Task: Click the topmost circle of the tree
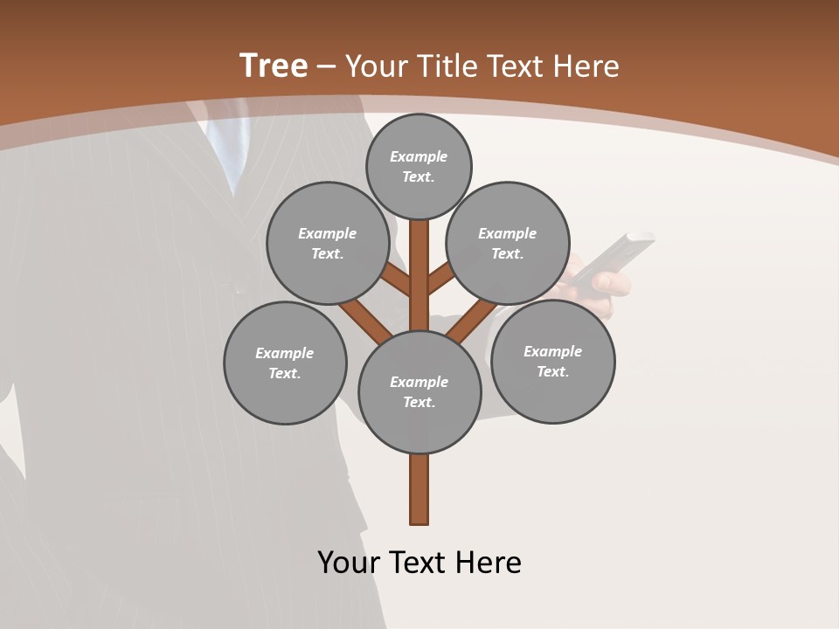pos(419,166)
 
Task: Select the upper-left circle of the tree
pos(328,243)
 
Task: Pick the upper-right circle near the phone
pos(508,243)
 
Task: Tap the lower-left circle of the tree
pos(285,363)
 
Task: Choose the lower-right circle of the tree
pos(552,361)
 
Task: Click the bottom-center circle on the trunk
pos(419,391)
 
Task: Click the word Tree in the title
pos(274,66)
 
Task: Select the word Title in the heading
pos(446,66)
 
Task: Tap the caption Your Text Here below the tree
pos(419,563)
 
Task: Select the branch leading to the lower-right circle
pos(472,319)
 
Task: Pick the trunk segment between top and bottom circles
pos(419,275)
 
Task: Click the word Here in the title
pos(586,66)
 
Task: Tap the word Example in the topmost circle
pos(419,156)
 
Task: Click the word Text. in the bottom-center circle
pos(419,402)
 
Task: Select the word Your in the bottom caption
pos(349,563)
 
